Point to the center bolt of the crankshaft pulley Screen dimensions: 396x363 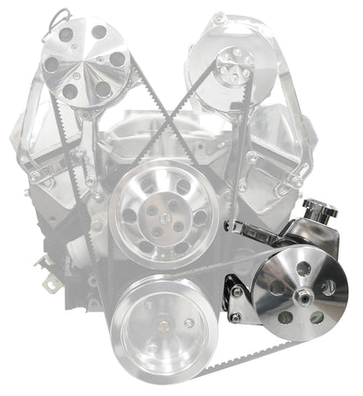point(165,328)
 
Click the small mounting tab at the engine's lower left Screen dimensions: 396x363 point(43,263)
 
